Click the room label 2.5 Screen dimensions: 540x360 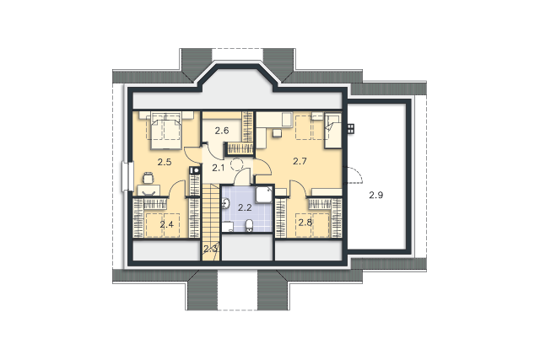tap(165, 162)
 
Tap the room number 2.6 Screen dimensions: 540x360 tap(222, 131)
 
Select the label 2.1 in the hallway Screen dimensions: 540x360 tap(218, 168)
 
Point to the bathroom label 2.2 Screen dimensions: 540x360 tap(245, 207)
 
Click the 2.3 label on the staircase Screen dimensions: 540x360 tap(210, 248)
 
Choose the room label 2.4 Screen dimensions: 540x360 tap(167, 225)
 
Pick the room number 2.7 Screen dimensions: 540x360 tap(300, 161)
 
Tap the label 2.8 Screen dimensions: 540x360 tap(305, 223)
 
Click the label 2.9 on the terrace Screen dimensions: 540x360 tap(376, 195)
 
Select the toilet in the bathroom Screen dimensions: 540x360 tap(250, 226)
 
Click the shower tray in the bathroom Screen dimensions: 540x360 tap(264, 195)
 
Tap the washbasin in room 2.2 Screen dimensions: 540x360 tap(225, 204)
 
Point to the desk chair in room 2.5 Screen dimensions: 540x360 tap(148, 178)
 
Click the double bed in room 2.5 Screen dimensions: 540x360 tap(165, 131)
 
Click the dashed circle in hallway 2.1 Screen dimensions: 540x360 tap(237, 164)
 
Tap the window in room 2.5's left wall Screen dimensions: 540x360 tap(127, 176)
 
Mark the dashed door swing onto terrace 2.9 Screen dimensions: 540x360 tap(354, 175)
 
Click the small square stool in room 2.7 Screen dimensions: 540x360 tap(277, 133)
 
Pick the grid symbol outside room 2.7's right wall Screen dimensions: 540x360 tap(351, 129)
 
